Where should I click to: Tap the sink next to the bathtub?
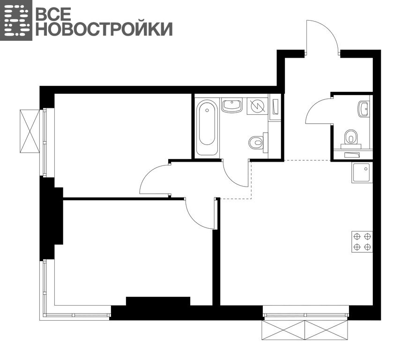tap(232, 105)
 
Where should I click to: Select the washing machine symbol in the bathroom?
tap(258, 106)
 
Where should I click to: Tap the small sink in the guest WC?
tap(364, 109)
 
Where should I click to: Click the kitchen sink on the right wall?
tap(362, 172)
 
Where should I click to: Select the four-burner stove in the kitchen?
tap(362, 241)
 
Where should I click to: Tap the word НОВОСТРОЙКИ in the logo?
tap(104, 29)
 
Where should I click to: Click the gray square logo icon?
tap(16, 20)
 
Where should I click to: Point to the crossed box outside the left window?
tap(30, 131)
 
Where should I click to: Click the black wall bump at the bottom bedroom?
tap(158, 301)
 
